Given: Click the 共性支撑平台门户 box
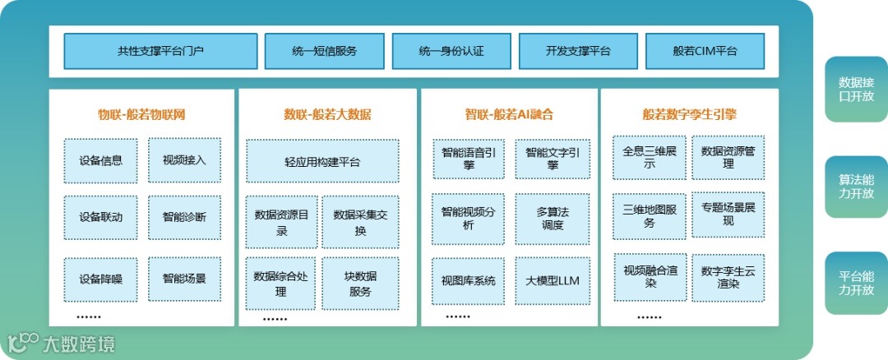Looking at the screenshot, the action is click(160, 51).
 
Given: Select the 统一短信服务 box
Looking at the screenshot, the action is click(324, 51).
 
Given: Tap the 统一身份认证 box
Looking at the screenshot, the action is click(451, 51).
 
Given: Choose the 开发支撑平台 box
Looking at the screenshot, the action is click(578, 51).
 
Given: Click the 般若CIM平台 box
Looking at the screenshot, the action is click(705, 51).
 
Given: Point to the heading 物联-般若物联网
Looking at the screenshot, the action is click(141, 114).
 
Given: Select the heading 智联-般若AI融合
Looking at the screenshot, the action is click(510, 114).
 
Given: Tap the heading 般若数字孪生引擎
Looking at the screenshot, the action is click(689, 114).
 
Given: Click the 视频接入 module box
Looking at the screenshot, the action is click(184, 159).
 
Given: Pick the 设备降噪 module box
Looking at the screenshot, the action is click(101, 279).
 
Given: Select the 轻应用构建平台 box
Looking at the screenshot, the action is click(322, 161).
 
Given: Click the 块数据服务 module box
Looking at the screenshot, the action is click(360, 283).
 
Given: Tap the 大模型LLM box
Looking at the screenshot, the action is click(553, 280).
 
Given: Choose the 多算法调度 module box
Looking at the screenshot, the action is click(553, 218).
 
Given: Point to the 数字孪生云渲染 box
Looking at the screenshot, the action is click(728, 277).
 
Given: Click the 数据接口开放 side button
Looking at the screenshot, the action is click(856, 90).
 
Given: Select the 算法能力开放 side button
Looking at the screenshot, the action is click(856, 186).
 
